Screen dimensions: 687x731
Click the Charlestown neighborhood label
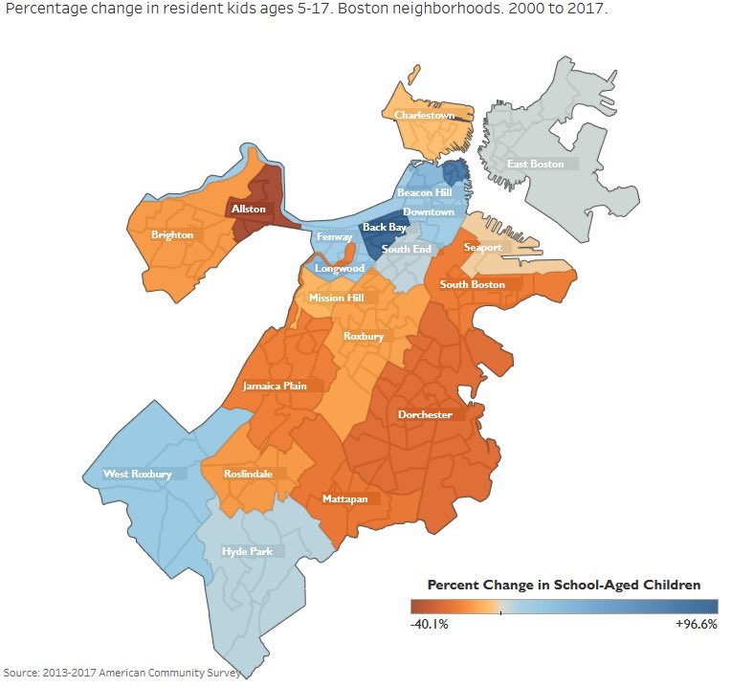pyautogui.click(x=424, y=116)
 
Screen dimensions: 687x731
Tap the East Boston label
pyautogui.click(x=535, y=165)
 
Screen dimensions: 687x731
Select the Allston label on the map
pyautogui.click(x=248, y=208)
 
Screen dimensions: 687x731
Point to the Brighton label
pyautogui.click(x=172, y=234)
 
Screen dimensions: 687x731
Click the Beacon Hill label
pyautogui.click(x=424, y=193)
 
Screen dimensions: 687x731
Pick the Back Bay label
pyautogui.click(x=383, y=229)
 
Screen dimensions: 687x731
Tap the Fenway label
pyautogui.click(x=335, y=237)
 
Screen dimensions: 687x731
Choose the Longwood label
pyautogui.click(x=340, y=269)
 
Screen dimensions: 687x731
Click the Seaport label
pyautogui.click(x=482, y=247)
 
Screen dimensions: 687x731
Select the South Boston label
pyautogui.click(x=472, y=284)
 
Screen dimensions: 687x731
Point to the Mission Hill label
pyautogui.click(x=337, y=299)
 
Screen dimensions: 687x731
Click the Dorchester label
pyautogui.click(x=425, y=414)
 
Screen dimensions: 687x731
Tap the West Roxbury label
pyautogui.click(x=138, y=474)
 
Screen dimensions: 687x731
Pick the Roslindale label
pyautogui.click(x=247, y=474)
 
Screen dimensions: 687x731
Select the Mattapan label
pyautogui.click(x=341, y=499)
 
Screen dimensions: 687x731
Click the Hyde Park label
pyautogui.click(x=247, y=551)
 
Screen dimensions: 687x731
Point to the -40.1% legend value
pyautogui.click(x=429, y=624)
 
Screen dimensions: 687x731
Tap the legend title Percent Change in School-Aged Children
pyautogui.click(x=564, y=585)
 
